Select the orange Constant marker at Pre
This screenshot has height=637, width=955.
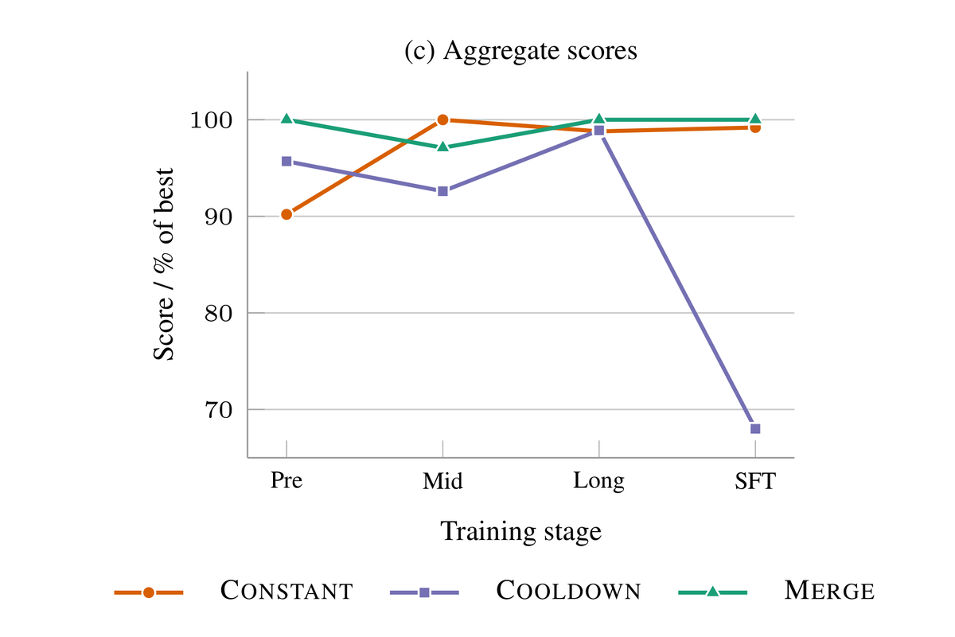click(x=287, y=214)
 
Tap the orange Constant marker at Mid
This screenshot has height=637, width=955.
click(x=443, y=120)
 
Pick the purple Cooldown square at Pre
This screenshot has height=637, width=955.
click(x=287, y=162)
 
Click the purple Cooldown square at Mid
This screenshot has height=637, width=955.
click(x=443, y=191)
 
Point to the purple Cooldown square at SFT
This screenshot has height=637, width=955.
click(x=755, y=428)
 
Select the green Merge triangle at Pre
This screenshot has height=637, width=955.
click(x=287, y=119)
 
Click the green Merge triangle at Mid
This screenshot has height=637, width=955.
click(x=443, y=147)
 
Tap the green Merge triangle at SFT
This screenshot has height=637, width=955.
click(x=755, y=119)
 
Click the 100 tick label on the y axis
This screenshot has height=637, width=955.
click(x=212, y=120)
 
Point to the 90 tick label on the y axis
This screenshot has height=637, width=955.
click(x=219, y=217)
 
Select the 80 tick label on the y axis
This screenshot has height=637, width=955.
click(x=219, y=313)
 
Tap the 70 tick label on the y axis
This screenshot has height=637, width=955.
click(x=219, y=409)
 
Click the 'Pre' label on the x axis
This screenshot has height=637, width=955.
click(x=286, y=480)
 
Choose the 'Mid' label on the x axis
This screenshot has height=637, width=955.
click(x=442, y=481)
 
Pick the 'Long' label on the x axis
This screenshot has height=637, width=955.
click(x=598, y=482)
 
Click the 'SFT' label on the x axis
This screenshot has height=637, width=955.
click(x=755, y=481)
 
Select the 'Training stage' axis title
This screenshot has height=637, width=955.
click(x=520, y=532)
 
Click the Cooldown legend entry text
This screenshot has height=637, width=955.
click(x=569, y=591)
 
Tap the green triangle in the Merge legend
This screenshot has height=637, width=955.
click(x=713, y=592)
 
